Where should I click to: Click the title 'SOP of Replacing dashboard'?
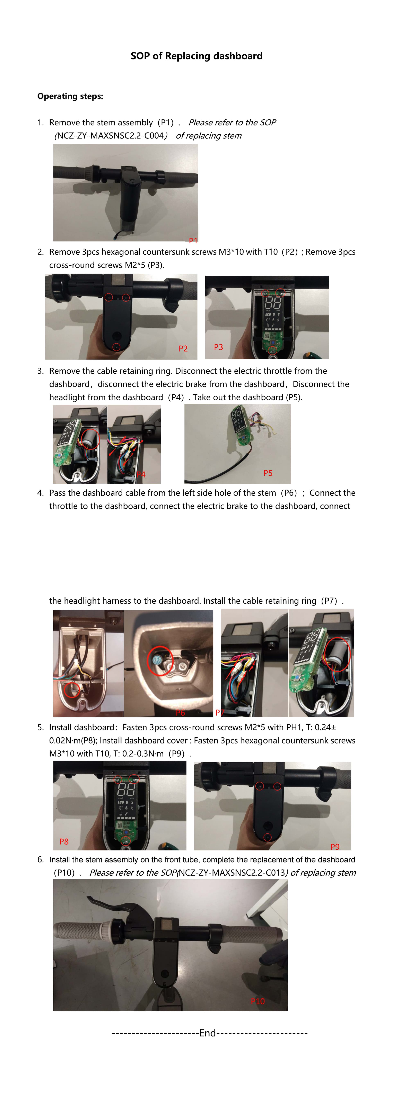[x=196, y=56]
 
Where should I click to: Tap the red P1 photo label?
[x=193, y=240]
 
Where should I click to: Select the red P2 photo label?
[x=183, y=348]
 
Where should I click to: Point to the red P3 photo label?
[x=219, y=347]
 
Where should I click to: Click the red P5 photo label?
[x=268, y=473]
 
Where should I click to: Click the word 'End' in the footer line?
[x=208, y=1033]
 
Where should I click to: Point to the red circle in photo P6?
[x=160, y=660]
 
